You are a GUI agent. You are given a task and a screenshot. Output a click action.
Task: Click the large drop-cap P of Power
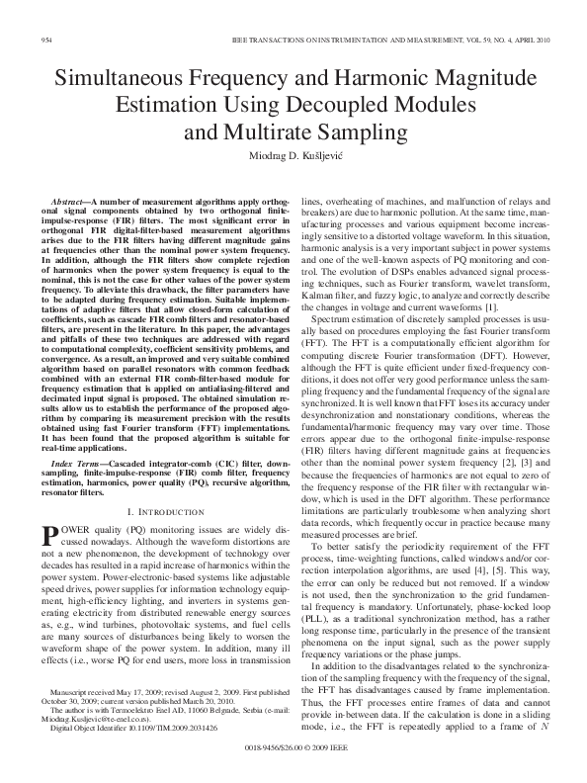(x=46, y=535)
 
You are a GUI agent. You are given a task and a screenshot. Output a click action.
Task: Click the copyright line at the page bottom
(x=293, y=763)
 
